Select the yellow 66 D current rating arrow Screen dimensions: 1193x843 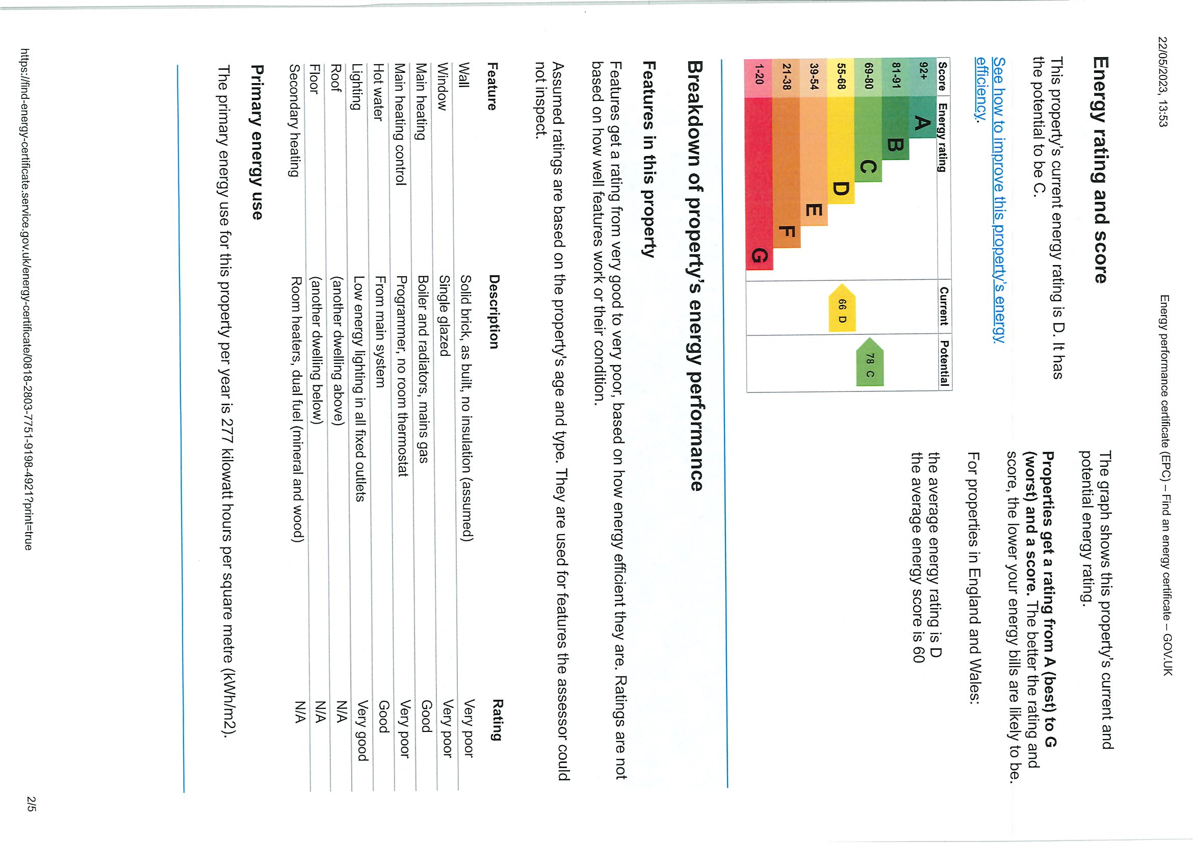pos(842,307)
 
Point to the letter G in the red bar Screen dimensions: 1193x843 pos(759,256)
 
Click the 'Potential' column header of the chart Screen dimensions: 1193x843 pos(945,362)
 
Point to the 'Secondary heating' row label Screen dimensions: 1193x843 pos(295,120)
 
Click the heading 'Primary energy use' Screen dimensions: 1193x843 pos(256,141)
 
